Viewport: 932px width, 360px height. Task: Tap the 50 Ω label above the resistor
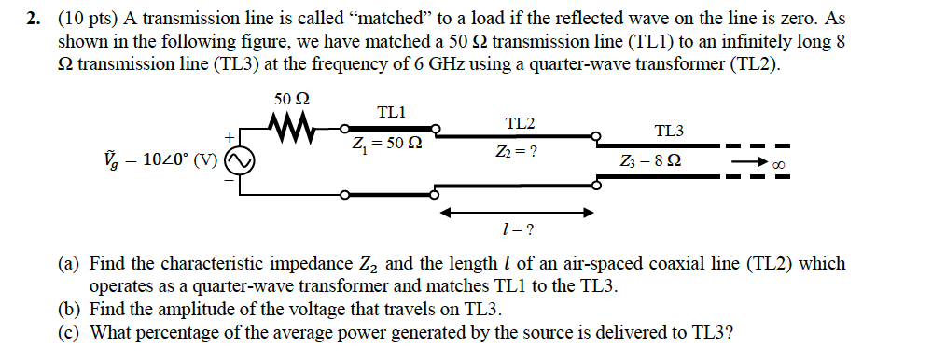point(292,99)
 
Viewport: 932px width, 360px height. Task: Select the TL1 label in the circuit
point(391,112)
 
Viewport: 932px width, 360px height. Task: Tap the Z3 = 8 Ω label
point(657,164)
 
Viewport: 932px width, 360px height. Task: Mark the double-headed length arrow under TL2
point(517,212)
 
